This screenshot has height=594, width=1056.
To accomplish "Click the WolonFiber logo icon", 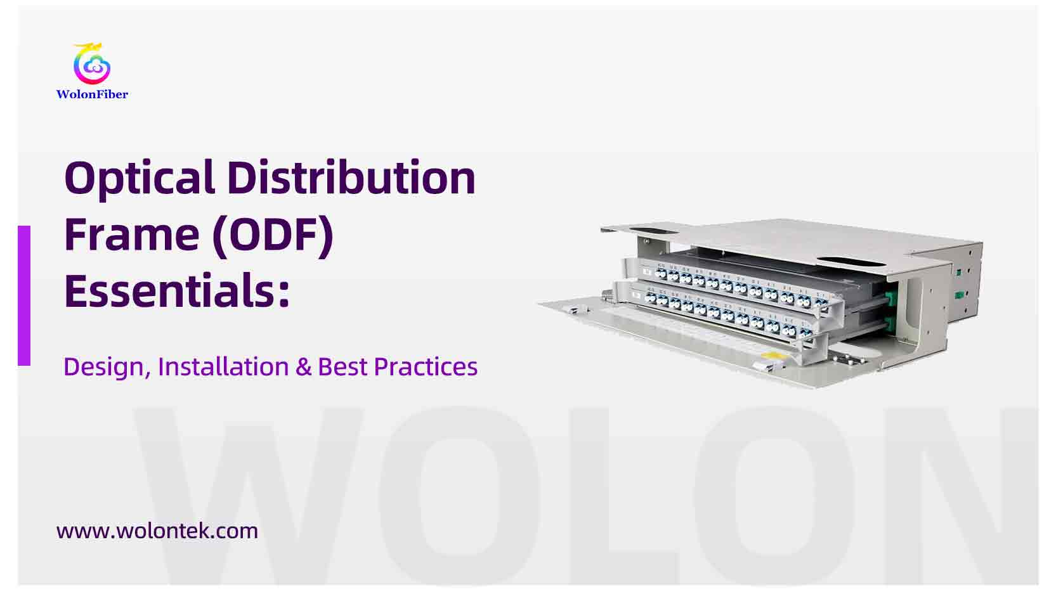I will coord(92,64).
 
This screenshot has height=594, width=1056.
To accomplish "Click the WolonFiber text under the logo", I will coord(92,94).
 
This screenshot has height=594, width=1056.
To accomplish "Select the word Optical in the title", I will coord(140,179).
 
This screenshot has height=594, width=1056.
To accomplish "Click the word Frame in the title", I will coord(132,235).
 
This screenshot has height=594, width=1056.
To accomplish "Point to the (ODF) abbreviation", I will coord(273,235).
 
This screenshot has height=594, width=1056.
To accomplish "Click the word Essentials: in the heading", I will coord(177,291).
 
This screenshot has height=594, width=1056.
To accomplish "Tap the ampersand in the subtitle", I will coord(303,367).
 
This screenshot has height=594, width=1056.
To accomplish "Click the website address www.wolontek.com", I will coord(157,531).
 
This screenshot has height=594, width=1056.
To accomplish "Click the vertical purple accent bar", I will coord(24,295).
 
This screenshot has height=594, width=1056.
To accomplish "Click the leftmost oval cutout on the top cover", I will coord(653,232).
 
